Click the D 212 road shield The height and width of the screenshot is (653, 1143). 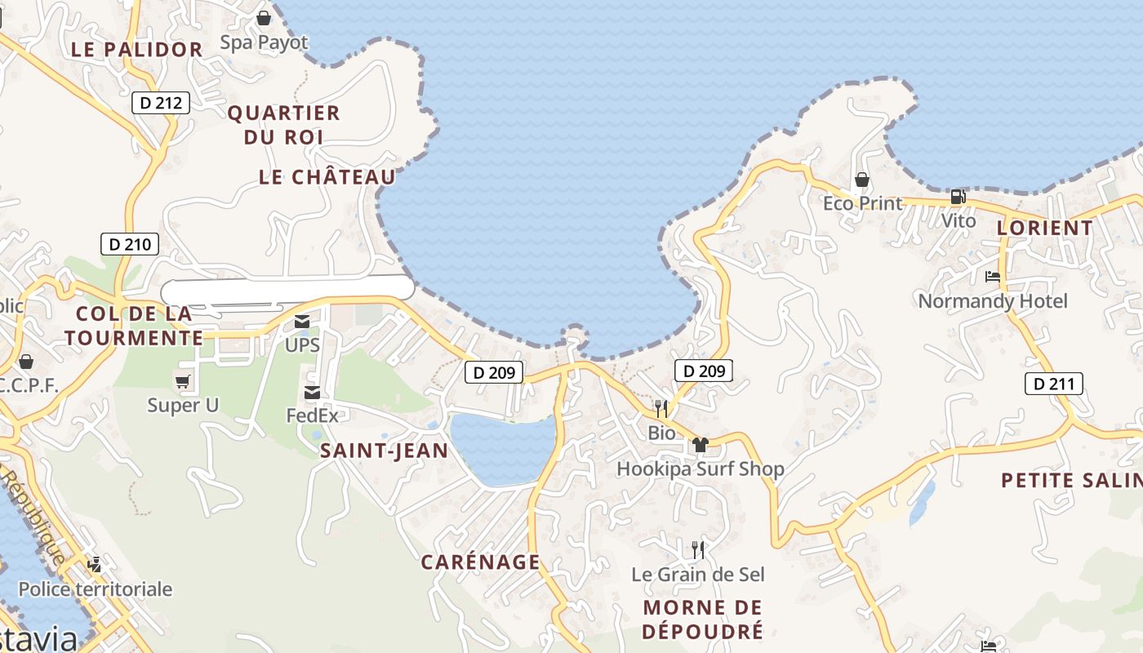click(x=161, y=103)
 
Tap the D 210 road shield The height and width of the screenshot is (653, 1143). click(x=130, y=243)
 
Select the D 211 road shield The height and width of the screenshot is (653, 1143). click(x=1053, y=384)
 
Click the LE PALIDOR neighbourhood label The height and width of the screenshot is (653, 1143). click(x=136, y=49)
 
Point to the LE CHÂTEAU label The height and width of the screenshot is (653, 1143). click(x=327, y=177)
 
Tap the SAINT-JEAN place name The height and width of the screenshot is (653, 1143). click(x=384, y=451)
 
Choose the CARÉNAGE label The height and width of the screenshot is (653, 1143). click(x=480, y=562)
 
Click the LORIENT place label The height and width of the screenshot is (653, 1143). click(x=1044, y=229)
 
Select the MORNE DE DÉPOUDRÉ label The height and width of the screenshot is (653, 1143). click(x=703, y=619)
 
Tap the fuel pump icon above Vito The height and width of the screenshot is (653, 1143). click(x=958, y=197)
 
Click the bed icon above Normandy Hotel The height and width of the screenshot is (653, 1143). click(x=993, y=277)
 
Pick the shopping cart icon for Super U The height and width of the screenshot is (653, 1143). click(x=183, y=381)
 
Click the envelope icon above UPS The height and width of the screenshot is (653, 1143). click(x=302, y=322)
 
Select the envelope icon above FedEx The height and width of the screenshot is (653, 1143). click(x=312, y=393)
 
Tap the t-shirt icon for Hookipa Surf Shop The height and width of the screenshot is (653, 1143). click(x=700, y=445)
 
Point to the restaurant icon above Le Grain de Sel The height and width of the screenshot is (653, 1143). click(x=698, y=549)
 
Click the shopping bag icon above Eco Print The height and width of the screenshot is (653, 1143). click(x=862, y=180)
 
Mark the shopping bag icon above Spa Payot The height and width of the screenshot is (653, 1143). click(x=264, y=18)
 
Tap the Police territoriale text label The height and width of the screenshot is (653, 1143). click(x=96, y=589)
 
